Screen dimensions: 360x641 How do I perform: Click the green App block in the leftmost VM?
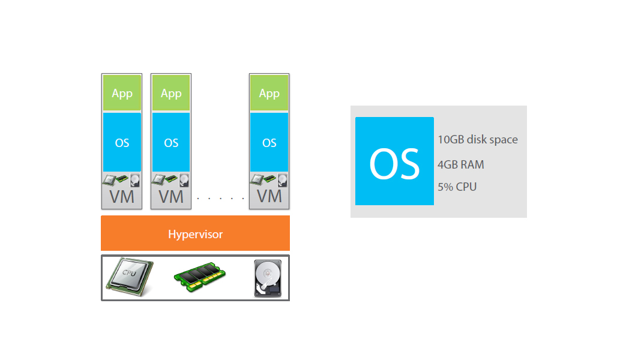[122, 93]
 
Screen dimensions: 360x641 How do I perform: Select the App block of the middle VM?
[171, 93]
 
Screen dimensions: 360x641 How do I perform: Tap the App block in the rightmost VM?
[269, 93]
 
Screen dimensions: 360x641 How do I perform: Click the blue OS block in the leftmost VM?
[122, 143]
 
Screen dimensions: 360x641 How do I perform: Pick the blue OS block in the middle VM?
[171, 143]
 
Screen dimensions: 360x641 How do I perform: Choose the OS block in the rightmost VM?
[269, 143]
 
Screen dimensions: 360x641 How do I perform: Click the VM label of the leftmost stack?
[122, 197]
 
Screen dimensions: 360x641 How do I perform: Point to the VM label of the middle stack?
[171, 197]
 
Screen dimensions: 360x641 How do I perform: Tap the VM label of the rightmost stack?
[269, 197]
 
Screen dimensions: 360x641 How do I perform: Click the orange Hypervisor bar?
[195, 233]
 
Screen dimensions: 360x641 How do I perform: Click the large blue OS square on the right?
[394, 161]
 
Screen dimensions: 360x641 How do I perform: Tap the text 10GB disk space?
[478, 140]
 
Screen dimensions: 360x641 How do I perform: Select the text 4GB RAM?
[461, 164]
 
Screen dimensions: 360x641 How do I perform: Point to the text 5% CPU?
[457, 187]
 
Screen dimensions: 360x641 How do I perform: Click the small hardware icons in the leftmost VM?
[122, 179]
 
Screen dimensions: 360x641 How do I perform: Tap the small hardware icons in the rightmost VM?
[269, 179]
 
